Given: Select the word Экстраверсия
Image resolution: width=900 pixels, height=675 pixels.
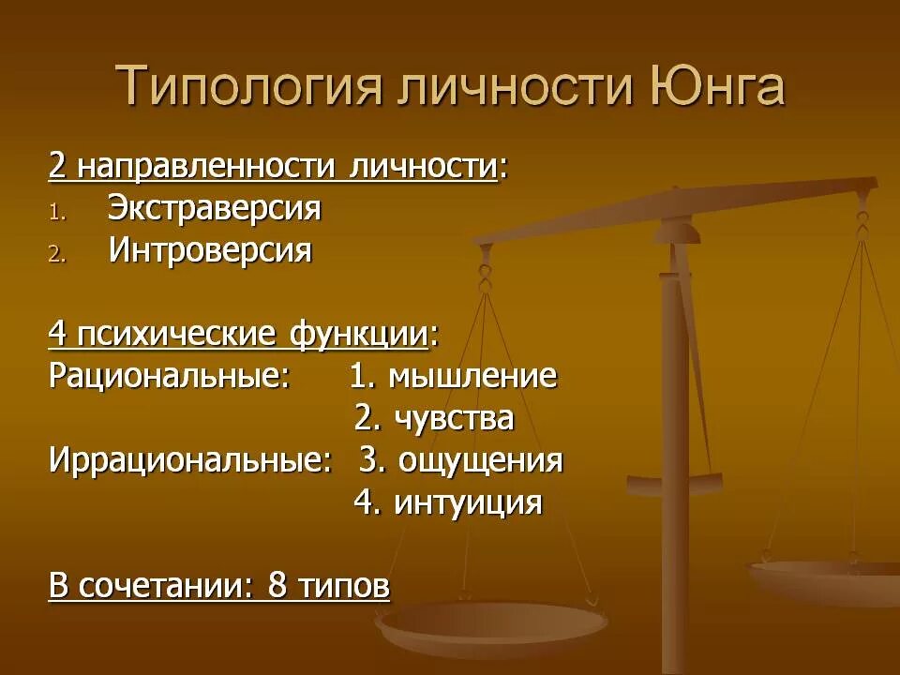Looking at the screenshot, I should click(x=214, y=208).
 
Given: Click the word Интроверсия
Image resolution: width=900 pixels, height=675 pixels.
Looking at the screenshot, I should click(x=209, y=251).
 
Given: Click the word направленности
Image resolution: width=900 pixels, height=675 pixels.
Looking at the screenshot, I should click(x=206, y=167).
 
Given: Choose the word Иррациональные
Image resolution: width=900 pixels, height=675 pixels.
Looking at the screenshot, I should click(x=190, y=461).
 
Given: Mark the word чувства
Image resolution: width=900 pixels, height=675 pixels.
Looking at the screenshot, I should click(x=454, y=419).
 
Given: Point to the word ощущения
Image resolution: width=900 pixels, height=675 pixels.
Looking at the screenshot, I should click(x=481, y=461).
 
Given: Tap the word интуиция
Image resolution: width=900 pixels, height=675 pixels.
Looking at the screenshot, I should click(x=468, y=503).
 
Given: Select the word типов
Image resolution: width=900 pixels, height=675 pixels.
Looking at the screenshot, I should click(x=343, y=587).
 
